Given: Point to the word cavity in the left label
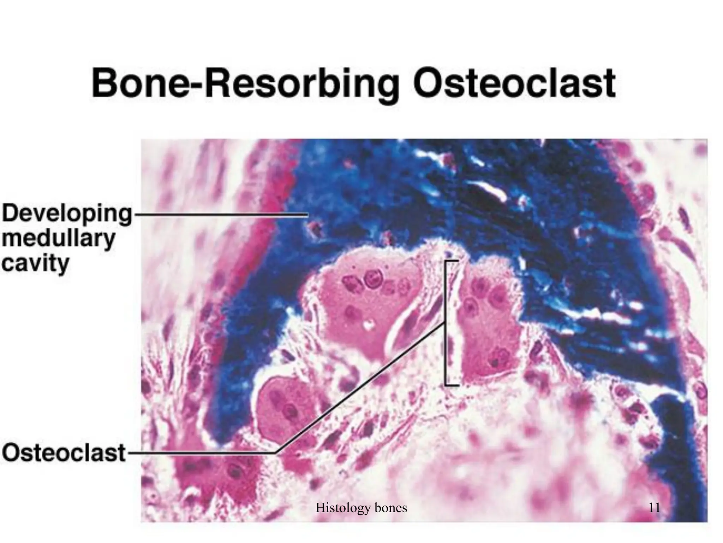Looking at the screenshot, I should click(x=35, y=263).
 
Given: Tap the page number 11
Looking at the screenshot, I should click(x=654, y=508).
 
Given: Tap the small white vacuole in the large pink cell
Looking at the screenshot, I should click(x=369, y=323).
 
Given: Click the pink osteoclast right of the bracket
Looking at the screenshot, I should click(x=489, y=318).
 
